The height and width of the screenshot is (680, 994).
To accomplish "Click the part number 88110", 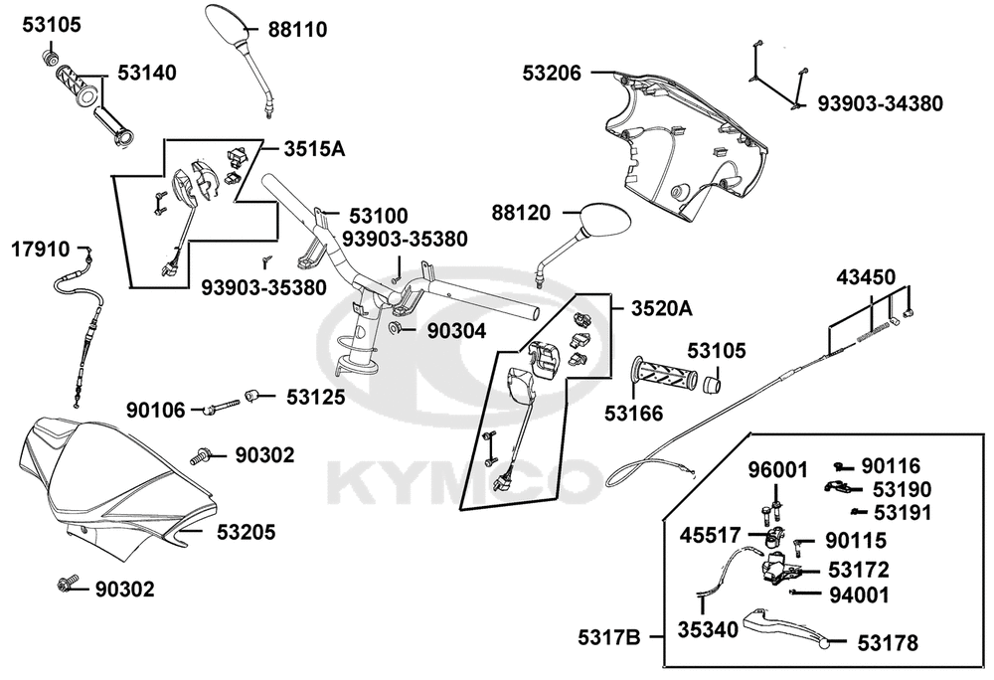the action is point(297,29).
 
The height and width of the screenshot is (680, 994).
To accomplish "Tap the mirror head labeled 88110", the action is point(226,24).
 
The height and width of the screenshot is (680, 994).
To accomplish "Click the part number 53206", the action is point(552,73).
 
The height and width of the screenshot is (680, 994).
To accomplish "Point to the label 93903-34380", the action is point(880,102).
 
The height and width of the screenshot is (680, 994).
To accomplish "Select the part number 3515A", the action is point(314,149).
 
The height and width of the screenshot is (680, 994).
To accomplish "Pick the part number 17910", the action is point(41,250).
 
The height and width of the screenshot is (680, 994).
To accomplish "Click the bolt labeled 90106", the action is point(222,406).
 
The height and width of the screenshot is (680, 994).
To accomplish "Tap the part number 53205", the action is point(246,532).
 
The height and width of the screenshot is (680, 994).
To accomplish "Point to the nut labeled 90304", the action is point(394,328).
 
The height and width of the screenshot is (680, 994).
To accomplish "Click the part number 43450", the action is point(866,277).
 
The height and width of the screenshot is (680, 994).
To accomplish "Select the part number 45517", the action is point(710,536).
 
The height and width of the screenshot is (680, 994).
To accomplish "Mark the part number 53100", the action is point(379,216).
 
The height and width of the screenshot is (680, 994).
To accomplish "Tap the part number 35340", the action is point(708,629).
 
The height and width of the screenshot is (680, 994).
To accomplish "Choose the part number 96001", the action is point(778,470).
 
